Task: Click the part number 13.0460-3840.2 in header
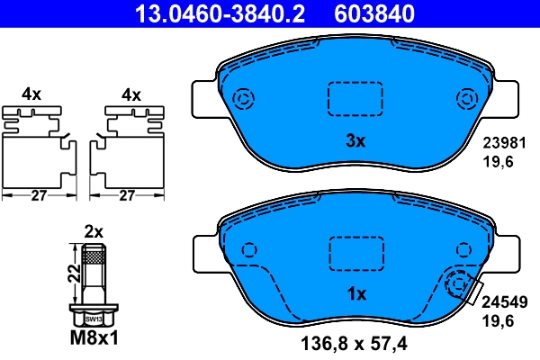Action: [x=219, y=13]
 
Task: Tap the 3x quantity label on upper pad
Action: [x=356, y=140]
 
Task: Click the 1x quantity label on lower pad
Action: [x=356, y=292]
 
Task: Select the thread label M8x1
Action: [x=94, y=338]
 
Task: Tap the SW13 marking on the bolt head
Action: [x=94, y=318]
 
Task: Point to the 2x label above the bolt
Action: [x=94, y=229]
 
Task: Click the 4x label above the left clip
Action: [x=31, y=94]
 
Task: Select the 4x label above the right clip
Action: [x=131, y=94]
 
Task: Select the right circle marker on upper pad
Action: [x=466, y=99]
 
